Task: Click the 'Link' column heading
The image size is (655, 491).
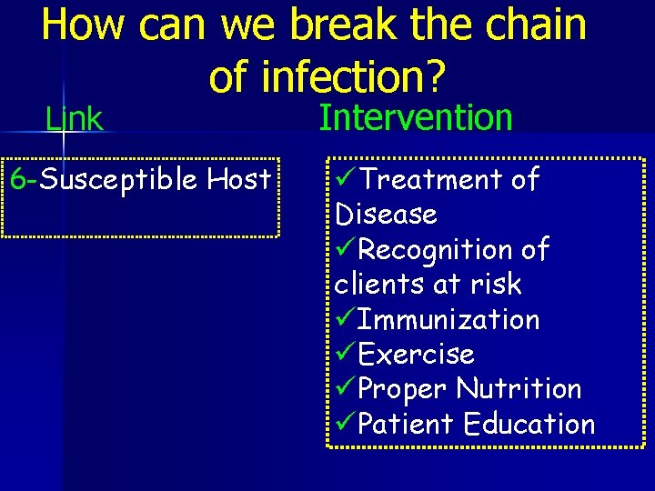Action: (75, 118)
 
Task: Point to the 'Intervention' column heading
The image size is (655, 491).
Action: (416, 117)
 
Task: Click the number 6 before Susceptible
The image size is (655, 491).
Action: (16, 179)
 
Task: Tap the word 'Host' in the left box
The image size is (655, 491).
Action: (239, 179)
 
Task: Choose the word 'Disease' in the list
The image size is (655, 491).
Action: (386, 215)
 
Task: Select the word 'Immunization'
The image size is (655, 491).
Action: (448, 319)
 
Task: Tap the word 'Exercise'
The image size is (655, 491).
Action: (416, 354)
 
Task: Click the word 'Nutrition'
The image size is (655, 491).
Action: (519, 388)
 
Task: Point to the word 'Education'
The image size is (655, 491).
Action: (529, 424)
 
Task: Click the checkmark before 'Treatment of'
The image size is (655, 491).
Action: (345, 179)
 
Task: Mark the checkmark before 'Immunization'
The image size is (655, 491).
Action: (345, 319)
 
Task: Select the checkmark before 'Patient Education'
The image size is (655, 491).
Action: (345, 424)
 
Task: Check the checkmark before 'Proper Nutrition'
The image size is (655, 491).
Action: (345, 388)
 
